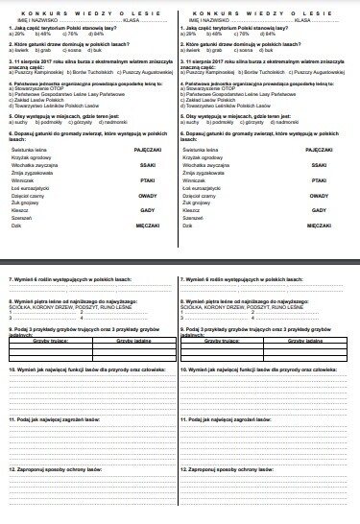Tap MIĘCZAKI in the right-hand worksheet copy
click(x=333, y=253)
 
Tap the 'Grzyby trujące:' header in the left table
click(x=51, y=339)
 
